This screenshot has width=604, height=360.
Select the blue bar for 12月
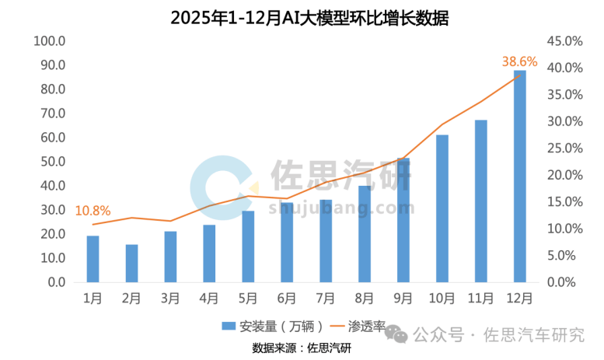point(520,177)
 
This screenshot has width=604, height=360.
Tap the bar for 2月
point(131,264)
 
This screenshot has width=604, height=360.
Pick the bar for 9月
point(403,220)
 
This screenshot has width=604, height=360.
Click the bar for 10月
point(442,208)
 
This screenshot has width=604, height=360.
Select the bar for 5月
point(248,246)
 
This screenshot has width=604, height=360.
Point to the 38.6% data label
point(519,61)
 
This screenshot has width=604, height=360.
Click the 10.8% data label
point(92,210)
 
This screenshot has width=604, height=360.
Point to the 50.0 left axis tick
point(53,162)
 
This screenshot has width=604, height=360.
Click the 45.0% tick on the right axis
point(564,40)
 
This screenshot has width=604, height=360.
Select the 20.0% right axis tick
point(564,175)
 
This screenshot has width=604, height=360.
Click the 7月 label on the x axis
point(326,297)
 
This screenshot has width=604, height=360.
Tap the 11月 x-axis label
point(480,297)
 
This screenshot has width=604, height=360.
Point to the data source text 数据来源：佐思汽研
point(302,347)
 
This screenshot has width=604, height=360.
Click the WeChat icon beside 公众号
point(397,334)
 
